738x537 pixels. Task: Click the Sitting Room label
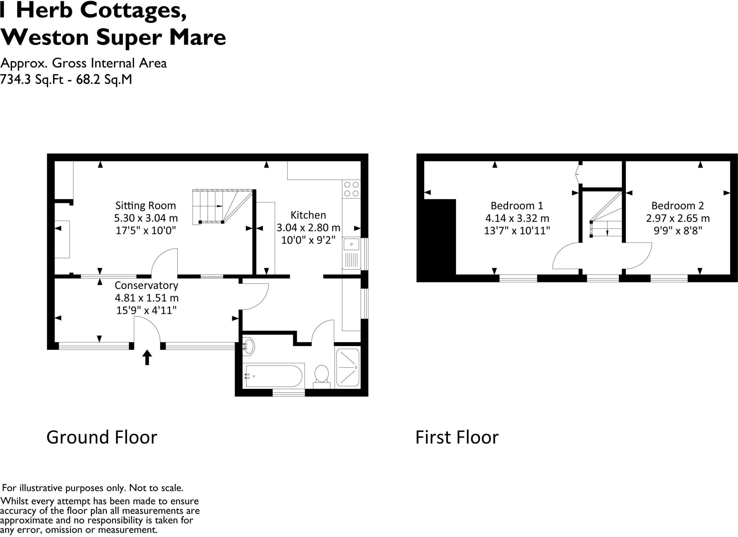pos(146,205)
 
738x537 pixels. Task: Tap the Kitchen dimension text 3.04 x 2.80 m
pos(308,228)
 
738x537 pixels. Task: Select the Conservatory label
pos(146,285)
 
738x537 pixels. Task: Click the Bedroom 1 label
pos(517,205)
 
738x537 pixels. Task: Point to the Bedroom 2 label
pos(677,205)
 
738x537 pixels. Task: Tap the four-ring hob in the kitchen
pos(351,189)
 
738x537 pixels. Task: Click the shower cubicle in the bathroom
pos(348,368)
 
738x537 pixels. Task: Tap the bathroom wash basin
pos(249,347)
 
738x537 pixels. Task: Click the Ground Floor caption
pos(102,437)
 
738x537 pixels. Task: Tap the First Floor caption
pos(457,437)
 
